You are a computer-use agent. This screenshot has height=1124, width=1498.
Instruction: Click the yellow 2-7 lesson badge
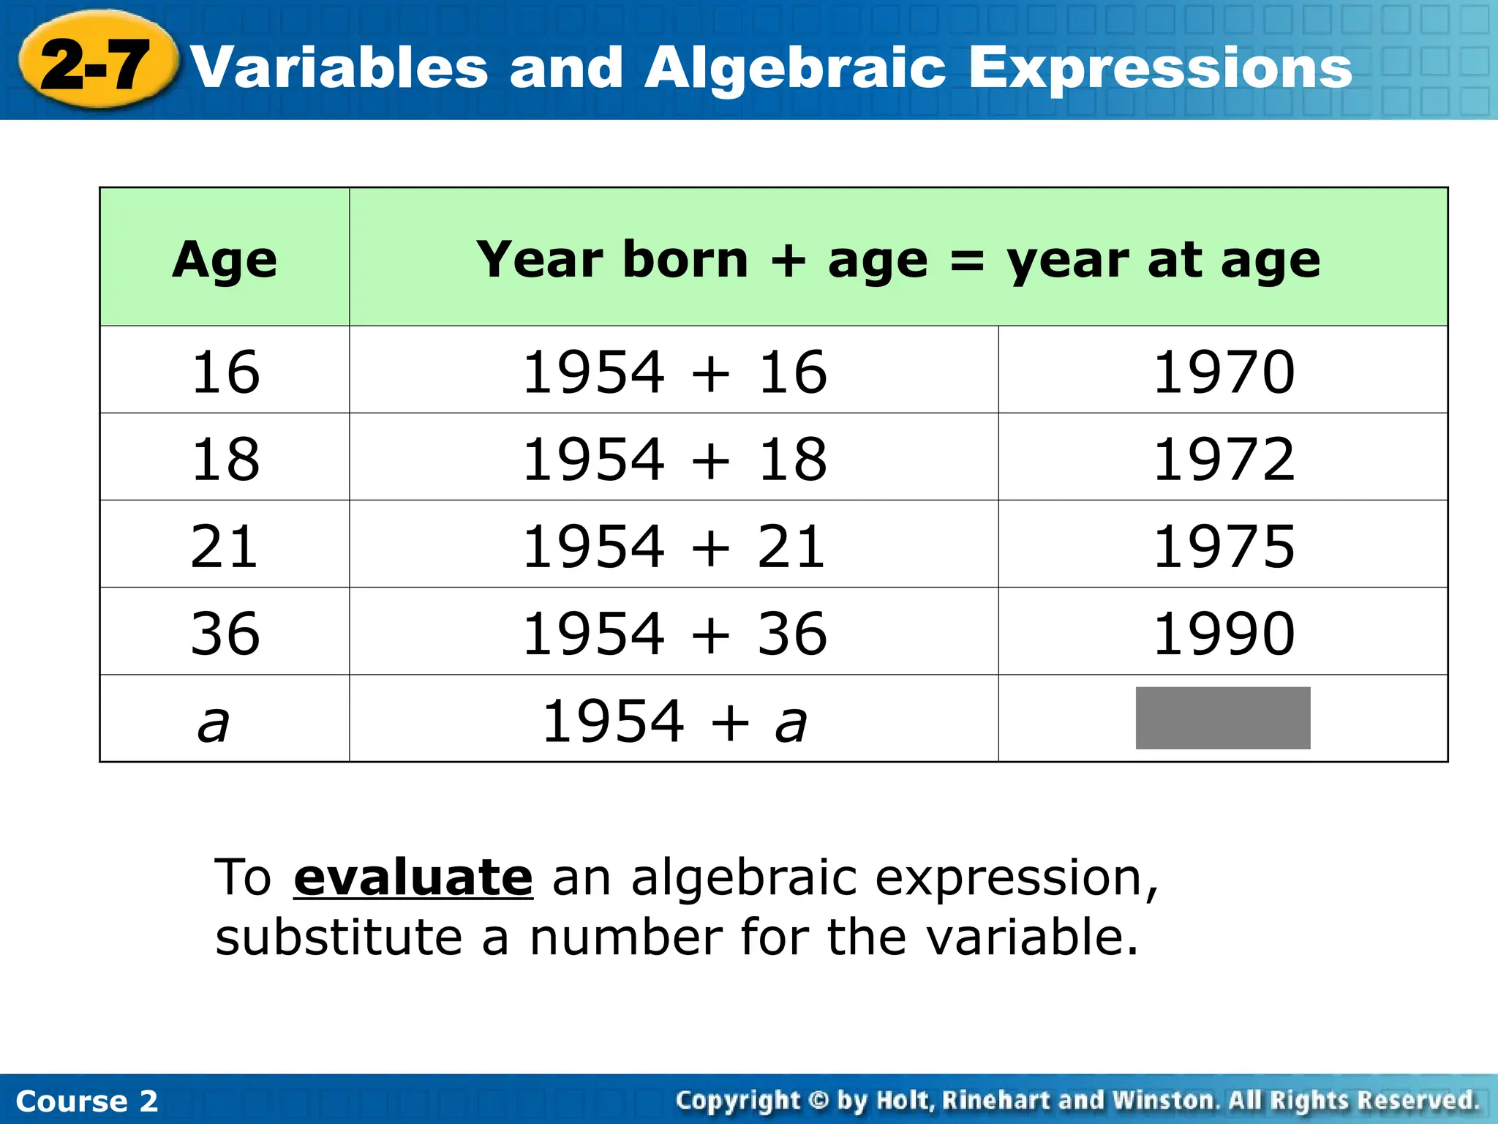pos(96,63)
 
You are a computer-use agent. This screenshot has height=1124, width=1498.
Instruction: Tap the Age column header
pos(225,260)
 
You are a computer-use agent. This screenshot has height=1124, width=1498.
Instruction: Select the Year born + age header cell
pos(897,260)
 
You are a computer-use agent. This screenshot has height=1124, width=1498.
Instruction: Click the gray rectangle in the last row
pos(1222,718)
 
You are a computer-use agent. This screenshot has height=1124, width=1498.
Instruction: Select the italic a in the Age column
pos(214,724)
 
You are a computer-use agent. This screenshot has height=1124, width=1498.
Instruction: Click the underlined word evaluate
pos(413,877)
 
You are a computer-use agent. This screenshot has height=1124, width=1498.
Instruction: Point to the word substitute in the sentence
pos(339,937)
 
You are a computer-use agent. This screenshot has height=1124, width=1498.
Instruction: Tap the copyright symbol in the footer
pos(819,1101)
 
